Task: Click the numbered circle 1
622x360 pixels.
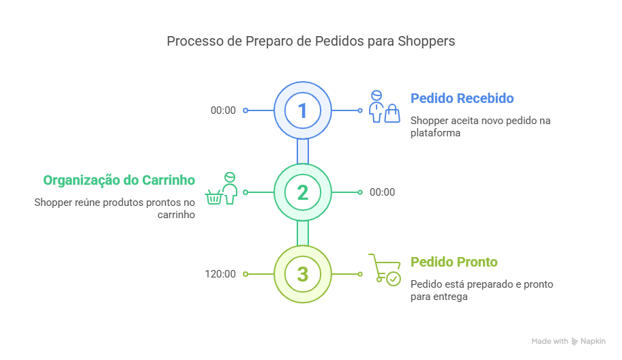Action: (x=303, y=110)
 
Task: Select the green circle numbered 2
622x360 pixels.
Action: (x=303, y=192)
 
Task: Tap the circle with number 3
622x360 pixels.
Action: (x=303, y=274)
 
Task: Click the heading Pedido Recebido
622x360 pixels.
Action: (x=462, y=98)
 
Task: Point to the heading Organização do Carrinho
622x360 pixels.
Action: (x=119, y=180)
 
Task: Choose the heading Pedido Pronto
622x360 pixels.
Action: (x=454, y=262)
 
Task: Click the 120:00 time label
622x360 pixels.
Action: (x=220, y=274)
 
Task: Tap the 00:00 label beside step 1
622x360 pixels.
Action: (x=223, y=110)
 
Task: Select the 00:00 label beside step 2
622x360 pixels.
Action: (x=382, y=192)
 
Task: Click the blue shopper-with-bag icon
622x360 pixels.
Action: (x=383, y=106)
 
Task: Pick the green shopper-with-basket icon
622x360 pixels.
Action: (x=222, y=188)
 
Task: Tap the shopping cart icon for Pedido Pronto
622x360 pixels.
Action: (x=384, y=269)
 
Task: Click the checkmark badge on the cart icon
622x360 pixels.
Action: (x=394, y=279)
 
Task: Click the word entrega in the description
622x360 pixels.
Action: (x=450, y=297)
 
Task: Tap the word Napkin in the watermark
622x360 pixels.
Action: (x=593, y=341)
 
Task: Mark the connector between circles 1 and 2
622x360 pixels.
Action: (x=303, y=151)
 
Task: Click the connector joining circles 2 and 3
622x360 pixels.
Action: (x=303, y=233)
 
